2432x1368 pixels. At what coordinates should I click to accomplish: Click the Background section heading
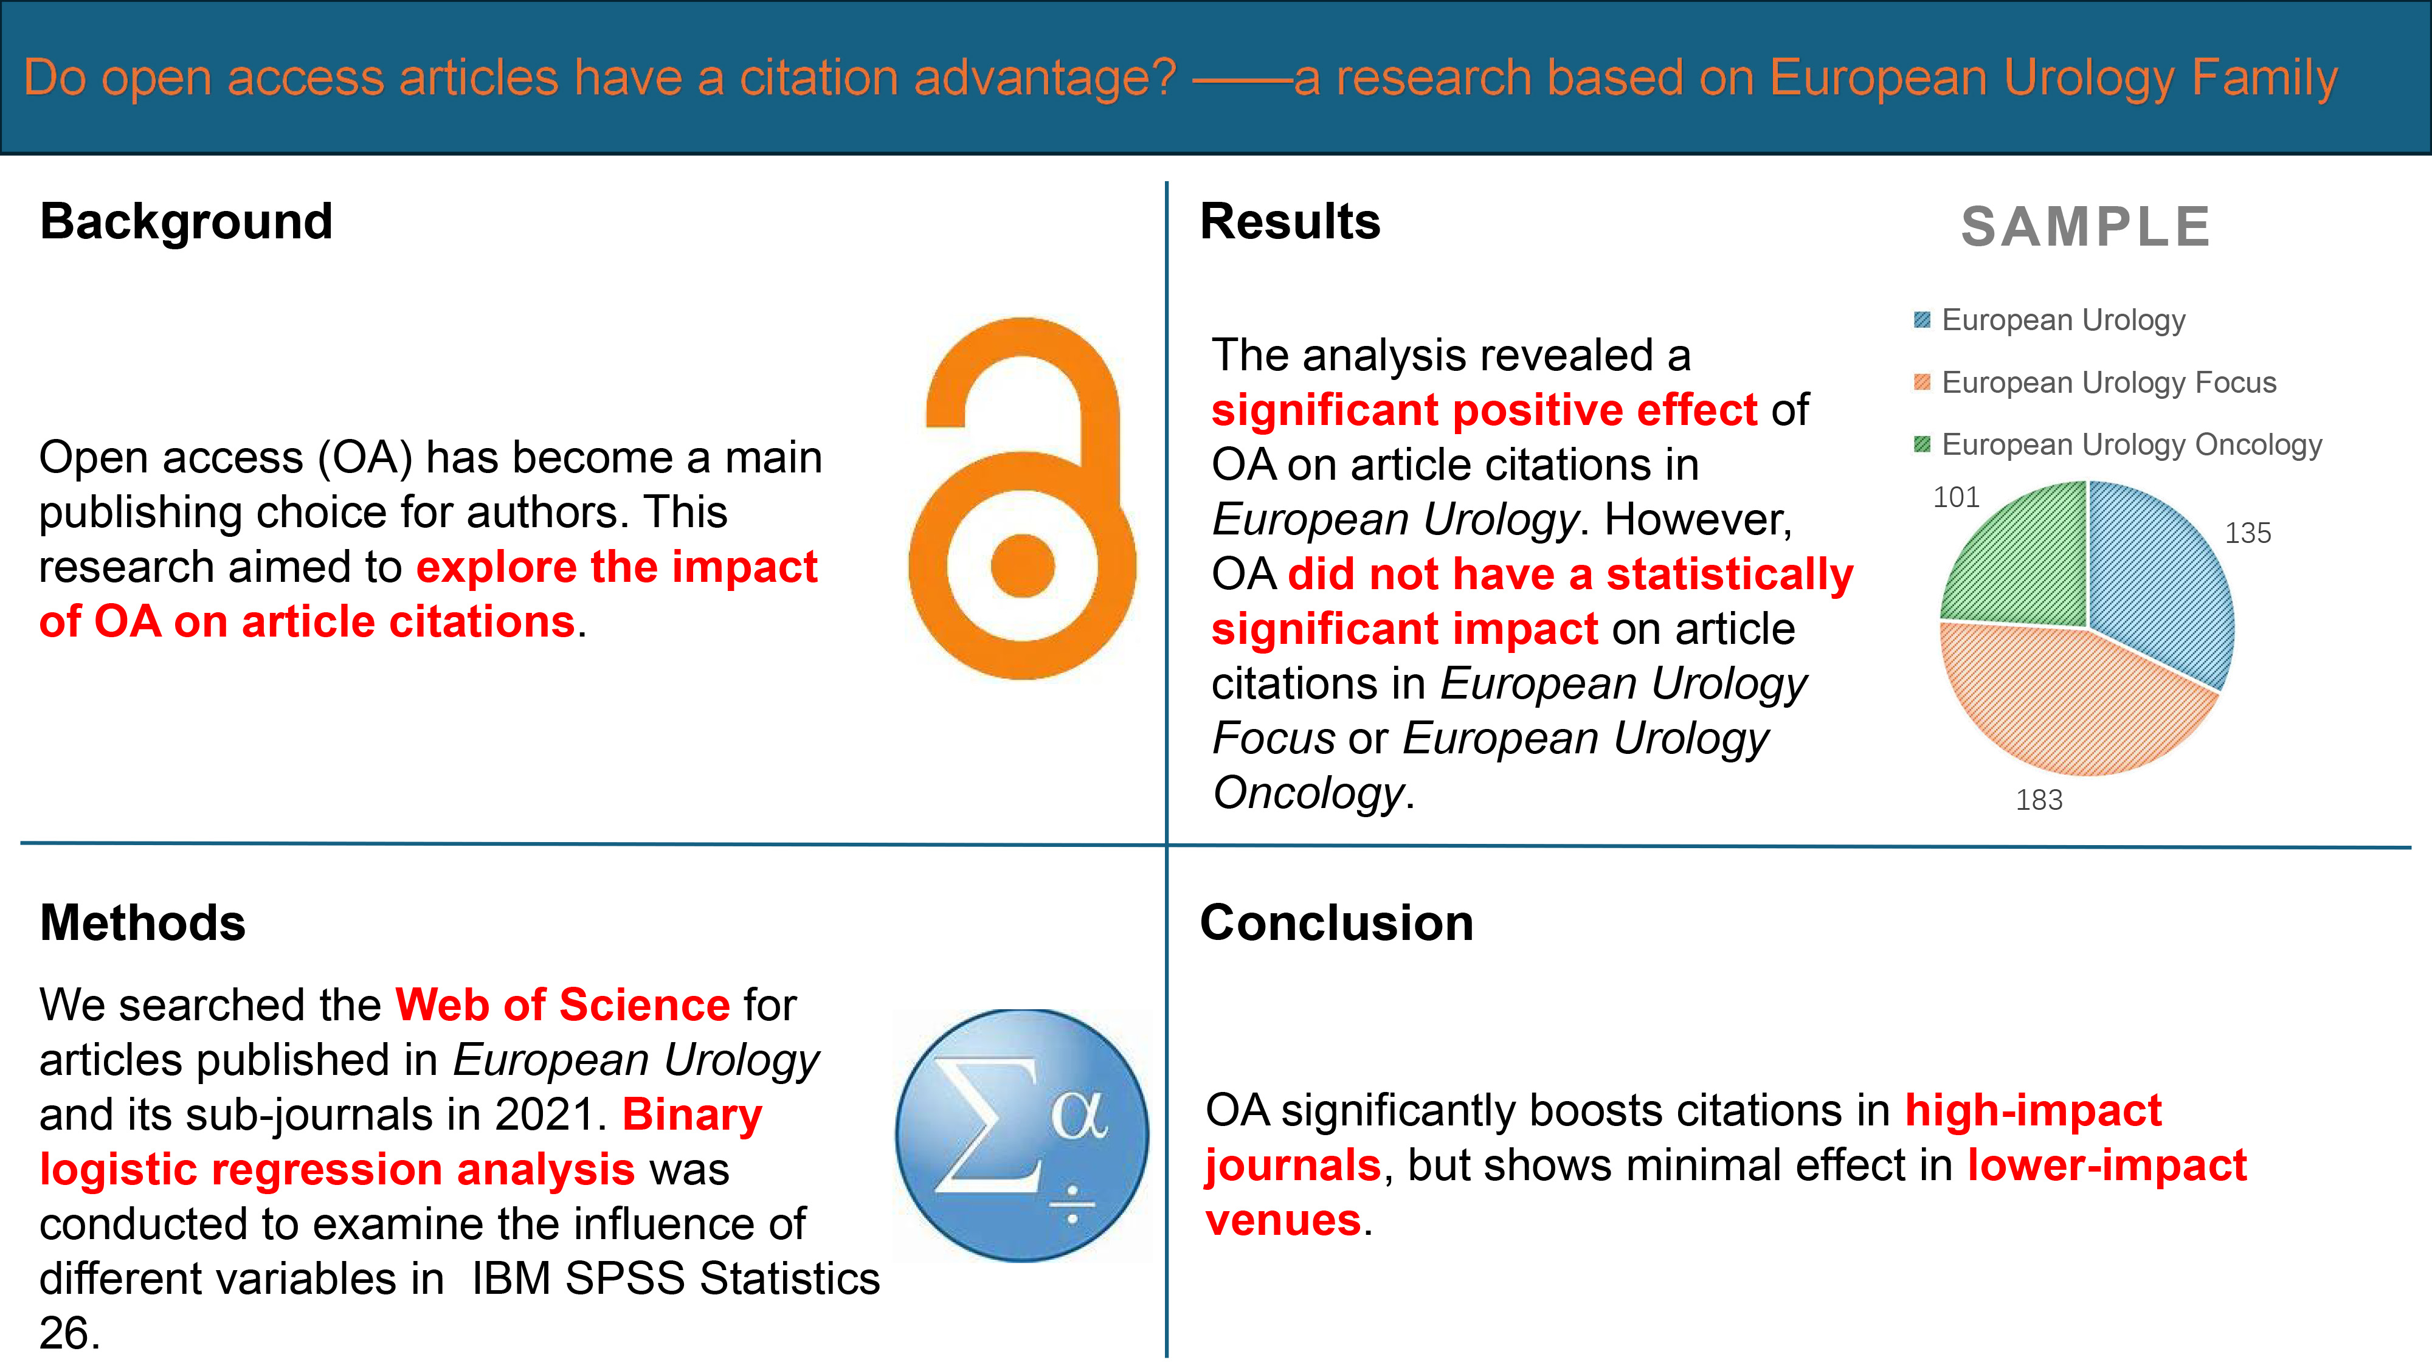click(x=186, y=222)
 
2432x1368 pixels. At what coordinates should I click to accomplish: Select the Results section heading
click(x=1290, y=222)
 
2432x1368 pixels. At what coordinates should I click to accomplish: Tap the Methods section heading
click(x=142, y=922)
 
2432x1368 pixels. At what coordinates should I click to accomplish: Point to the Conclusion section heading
click(x=1336, y=922)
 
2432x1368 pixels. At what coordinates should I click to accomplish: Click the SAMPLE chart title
click(x=2085, y=227)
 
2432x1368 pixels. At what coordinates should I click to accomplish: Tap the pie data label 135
click(x=2248, y=533)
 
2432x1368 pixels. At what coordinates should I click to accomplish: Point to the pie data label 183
click(x=2039, y=801)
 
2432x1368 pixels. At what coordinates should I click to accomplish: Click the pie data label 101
click(x=1956, y=497)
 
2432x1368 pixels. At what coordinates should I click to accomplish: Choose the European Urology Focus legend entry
click(x=2096, y=382)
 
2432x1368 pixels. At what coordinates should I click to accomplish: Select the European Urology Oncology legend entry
click(x=2118, y=444)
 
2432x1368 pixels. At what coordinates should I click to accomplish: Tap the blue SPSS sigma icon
click(x=1023, y=1136)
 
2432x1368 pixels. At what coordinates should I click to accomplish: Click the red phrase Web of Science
click(x=562, y=1004)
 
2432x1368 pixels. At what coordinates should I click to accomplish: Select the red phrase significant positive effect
click(x=1484, y=410)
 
